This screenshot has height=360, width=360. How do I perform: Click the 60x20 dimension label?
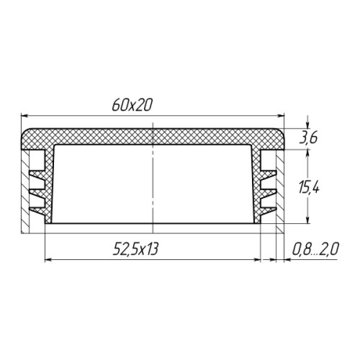pyautogui.click(x=132, y=105)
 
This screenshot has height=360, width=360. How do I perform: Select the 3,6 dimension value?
pyautogui.click(x=308, y=138)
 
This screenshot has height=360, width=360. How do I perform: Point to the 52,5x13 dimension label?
pyautogui.click(x=136, y=249)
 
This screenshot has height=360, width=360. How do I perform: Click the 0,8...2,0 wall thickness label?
pyautogui.click(x=316, y=249)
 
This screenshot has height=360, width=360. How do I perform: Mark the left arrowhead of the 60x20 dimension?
pyautogui.click(x=24, y=116)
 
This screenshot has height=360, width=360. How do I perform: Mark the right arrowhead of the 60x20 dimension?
pyautogui.click(x=281, y=116)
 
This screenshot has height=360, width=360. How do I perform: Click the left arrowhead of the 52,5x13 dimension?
pyautogui.click(x=48, y=260)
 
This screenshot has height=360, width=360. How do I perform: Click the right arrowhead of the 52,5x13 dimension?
pyautogui.click(x=257, y=260)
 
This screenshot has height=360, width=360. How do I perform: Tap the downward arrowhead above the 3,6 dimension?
pyautogui.click(x=307, y=125)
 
